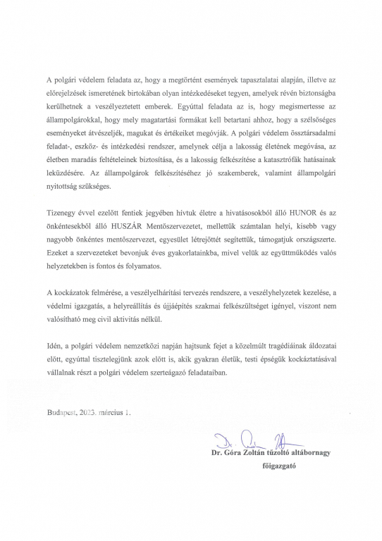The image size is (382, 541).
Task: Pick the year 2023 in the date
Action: [x=94, y=410]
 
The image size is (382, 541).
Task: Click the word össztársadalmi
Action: [x=309, y=136]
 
